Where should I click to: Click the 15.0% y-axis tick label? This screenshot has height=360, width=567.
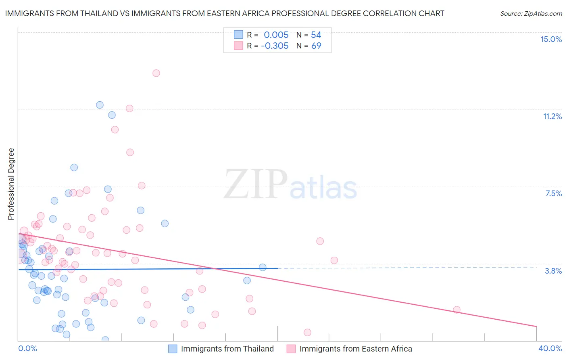(551, 39)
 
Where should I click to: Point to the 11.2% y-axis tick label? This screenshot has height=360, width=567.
(552, 116)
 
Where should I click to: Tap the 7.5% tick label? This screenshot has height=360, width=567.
(553, 193)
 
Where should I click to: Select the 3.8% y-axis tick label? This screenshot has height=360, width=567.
(553, 271)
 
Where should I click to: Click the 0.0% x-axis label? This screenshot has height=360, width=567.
(27, 348)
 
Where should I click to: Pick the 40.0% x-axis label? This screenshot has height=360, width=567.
(550, 348)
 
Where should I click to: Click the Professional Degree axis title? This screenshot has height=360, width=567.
(11, 184)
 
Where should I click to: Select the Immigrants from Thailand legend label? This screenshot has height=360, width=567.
(227, 349)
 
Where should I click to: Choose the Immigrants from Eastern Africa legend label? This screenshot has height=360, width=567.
(356, 349)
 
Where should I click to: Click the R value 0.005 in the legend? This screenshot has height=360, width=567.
(276, 35)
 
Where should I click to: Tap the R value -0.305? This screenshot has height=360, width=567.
(275, 46)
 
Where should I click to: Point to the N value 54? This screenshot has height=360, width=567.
(316, 35)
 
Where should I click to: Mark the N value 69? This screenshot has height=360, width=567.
(316, 46)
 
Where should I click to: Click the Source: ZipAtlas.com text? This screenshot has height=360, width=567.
(531, 14)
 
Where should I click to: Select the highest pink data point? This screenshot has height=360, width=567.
(156, 73)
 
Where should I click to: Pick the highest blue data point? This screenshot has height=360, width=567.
(100, 105)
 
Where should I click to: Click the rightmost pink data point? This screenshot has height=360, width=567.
(457, 310)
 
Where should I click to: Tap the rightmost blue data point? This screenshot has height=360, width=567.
(263, 267)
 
